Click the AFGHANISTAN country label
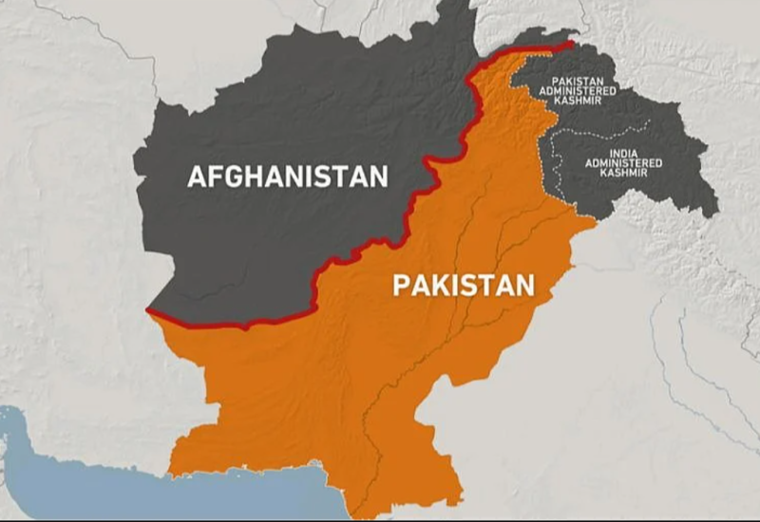(288, 177)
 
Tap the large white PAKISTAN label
(464, 284)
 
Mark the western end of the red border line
(148, 310)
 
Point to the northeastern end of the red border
(572, 43)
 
